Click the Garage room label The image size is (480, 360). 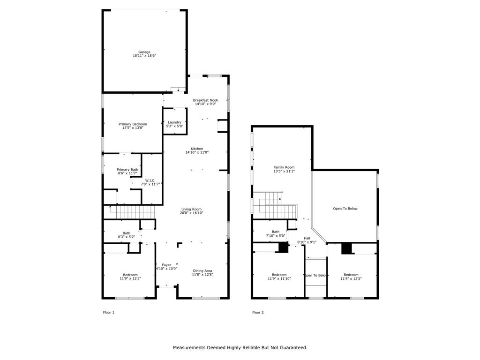coord(143,52)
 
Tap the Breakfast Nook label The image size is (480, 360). coord(205,100)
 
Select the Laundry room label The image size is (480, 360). coord(174,122)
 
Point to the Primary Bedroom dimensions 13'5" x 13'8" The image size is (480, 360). coord(133,127)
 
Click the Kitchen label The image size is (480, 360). coord(197,149)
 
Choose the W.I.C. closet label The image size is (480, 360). coord(150,180)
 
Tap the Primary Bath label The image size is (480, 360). coord(127,169)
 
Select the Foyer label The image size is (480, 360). coord(167,265)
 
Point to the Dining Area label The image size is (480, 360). coord(202,270)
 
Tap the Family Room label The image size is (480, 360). coord(284,167)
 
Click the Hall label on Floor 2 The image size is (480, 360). coord(307,238)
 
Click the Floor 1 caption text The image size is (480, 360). coord(108,312)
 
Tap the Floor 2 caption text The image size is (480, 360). coord(258,312)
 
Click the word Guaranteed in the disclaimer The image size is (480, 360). coord(290,347)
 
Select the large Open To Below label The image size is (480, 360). coord(345,209)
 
